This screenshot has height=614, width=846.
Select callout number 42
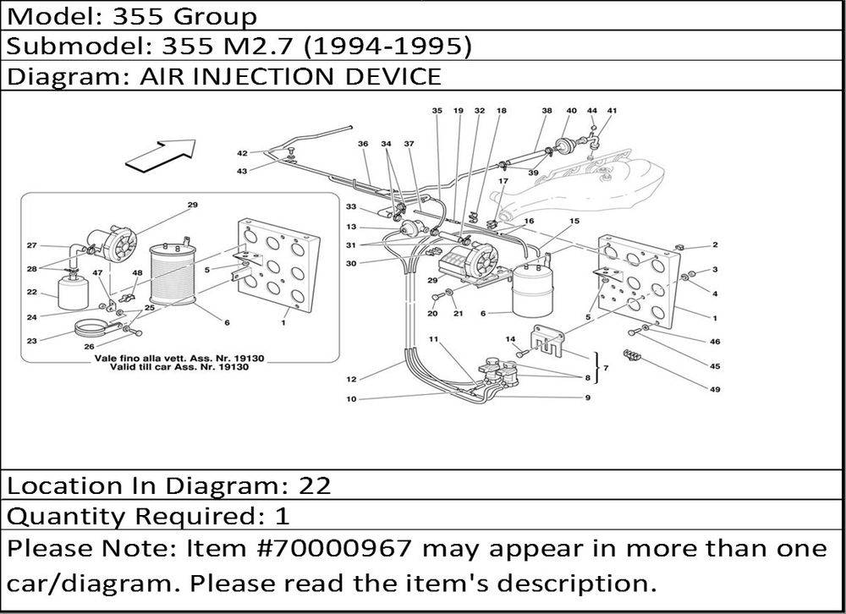tap(242, 153)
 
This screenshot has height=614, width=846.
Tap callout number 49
tap(715, 390)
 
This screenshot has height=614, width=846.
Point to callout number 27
tap(31, 246)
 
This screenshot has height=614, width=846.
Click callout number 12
tap(350, 378)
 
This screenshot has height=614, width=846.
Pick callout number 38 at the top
tap(547, 111)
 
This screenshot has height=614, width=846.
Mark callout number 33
tap(350, 208)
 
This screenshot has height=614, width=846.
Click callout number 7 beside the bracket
tap(607, 369)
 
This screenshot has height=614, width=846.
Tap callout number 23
tap(31, 341)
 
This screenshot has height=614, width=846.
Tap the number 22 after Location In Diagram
tap(315, 485)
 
